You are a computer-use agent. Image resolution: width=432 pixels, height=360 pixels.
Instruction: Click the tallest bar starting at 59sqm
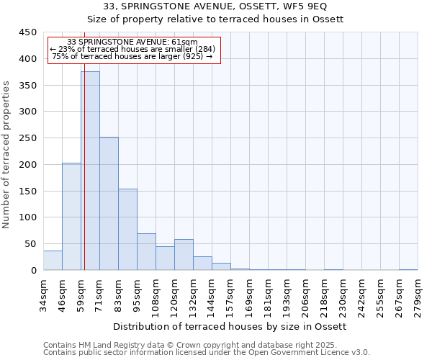tap(90, 171)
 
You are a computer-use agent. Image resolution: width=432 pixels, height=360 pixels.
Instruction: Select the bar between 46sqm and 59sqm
tap(71, 216)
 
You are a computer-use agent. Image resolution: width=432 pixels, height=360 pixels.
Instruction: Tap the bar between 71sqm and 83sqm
tap(109, 204)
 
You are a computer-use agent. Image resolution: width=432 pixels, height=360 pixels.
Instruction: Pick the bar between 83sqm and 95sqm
tap(127, 229)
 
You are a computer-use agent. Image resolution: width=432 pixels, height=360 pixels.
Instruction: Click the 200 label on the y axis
tap(28, 165)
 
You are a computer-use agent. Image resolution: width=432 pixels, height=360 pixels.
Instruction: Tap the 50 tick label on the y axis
tap(31, 244)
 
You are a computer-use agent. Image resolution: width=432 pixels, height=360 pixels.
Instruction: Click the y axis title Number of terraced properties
tap(6, 155)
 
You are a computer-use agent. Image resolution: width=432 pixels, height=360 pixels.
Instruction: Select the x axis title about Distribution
tap(230, 327)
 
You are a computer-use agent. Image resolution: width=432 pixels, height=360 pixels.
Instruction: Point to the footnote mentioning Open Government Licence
tap(207, 353)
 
